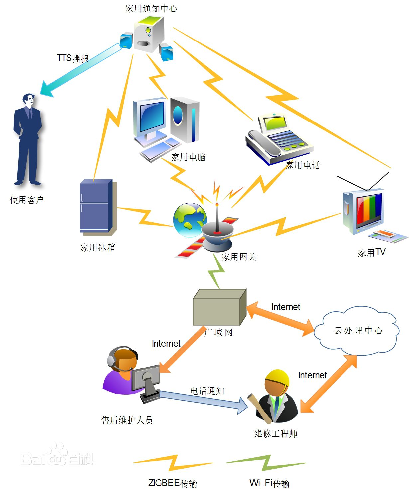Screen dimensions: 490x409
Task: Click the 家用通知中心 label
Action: tap(151, 8)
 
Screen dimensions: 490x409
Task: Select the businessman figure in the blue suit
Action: tap(28, 139)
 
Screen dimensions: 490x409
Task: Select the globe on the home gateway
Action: tap(189, 219)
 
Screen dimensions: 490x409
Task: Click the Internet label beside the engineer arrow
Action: tap(312, 375)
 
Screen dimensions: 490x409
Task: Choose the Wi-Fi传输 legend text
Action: tap(269, 483)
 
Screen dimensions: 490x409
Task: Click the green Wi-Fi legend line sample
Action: tap(266, 463)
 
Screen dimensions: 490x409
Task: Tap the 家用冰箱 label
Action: tap(98, 247)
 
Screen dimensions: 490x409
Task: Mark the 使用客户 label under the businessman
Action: tap(27, 200)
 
